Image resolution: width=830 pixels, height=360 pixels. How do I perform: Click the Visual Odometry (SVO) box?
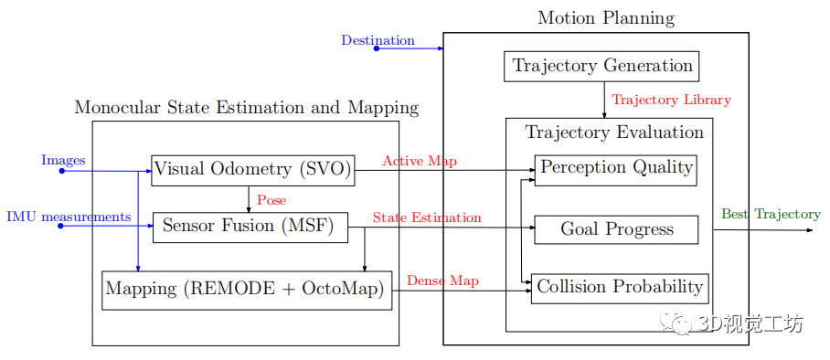tap(252, 170)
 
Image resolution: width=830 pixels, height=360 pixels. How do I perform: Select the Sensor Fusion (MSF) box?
tap(250, 227)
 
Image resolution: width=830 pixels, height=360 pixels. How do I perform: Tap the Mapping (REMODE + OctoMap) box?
tap(247, 290)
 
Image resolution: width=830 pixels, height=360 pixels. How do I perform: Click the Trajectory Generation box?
tap(601, 66)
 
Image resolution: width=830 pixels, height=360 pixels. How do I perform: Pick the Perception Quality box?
tap(616, 169)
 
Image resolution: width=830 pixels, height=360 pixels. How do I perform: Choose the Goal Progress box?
tap(616, 229)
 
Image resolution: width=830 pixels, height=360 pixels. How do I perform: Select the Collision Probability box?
tap(619, 288)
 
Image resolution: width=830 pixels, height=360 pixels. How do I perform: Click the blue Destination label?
tap(378, 40)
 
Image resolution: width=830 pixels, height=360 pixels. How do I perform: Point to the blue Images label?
tap(63, 161)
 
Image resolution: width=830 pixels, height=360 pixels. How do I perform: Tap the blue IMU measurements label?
tap(69, 217)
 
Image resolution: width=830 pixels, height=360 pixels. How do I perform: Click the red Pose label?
tap(271, 200)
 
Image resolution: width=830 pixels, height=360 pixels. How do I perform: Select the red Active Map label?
tap(420, 162)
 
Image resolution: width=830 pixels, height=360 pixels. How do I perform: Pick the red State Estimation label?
tap(426, 217)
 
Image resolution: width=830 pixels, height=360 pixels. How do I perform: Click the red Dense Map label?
tap(442, 281)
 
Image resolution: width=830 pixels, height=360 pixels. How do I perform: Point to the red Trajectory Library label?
tap(671, 100)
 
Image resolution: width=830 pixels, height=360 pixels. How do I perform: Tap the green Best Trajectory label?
tap(771, 214)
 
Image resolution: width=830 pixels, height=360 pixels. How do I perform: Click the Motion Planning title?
tap(605, 18)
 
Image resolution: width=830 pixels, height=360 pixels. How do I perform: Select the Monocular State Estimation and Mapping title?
tap(246, 108)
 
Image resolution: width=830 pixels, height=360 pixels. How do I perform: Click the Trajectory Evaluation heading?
tap(614, 132)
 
